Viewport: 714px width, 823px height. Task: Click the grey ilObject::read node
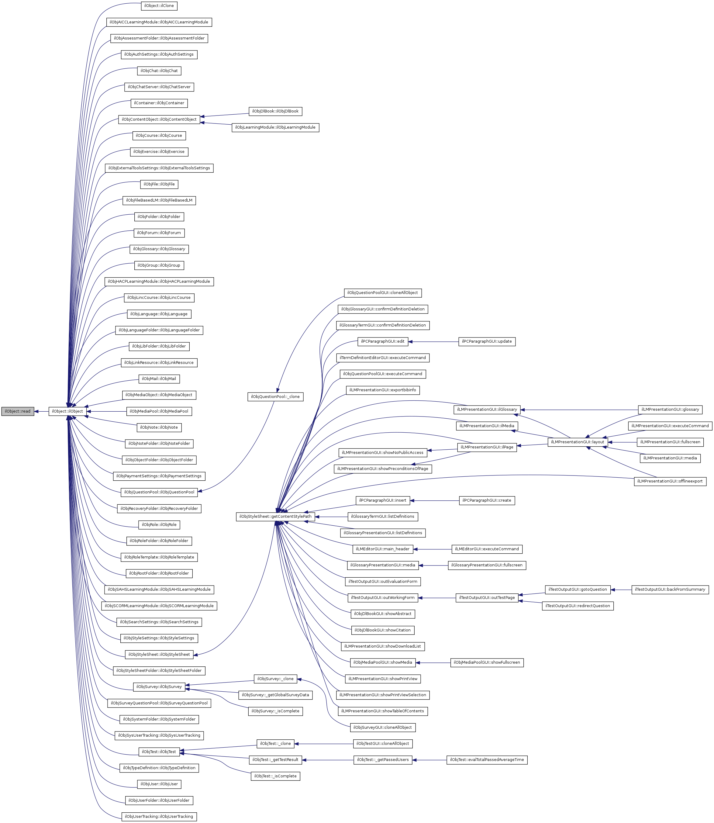coord(18,411)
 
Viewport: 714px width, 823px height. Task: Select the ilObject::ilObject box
coord(67,411)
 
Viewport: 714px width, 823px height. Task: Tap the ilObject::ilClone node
coord(159,6)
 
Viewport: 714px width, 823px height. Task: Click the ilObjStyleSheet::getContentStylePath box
coord(275,517)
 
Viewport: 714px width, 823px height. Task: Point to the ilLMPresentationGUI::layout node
coord(577,442)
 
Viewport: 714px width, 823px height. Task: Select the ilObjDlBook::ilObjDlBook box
coord(275,111)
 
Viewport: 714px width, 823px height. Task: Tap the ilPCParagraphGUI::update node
coord(487,341)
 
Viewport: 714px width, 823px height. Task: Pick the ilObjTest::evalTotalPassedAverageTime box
coord(487,760)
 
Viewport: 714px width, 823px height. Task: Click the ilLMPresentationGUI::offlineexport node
coord(670,482)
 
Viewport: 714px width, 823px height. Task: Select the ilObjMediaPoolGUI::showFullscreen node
coord(487,662)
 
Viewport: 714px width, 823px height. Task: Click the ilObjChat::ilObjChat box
coord(159,71)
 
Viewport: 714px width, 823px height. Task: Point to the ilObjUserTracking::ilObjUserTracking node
coord(159,817)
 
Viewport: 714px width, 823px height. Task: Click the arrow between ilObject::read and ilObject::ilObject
coord(41,411)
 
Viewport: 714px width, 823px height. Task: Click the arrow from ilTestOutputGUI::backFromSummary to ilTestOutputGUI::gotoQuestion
coord(621,590)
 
